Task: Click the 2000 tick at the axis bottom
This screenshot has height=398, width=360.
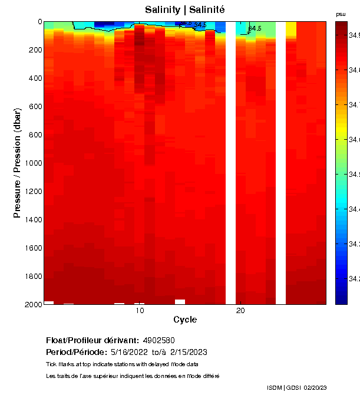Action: tap(32, 304)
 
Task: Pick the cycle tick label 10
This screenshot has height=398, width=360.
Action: tap(140, 311)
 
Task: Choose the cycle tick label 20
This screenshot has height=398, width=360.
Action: tap(240, 311)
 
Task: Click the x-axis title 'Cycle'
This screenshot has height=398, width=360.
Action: tap(185, 320)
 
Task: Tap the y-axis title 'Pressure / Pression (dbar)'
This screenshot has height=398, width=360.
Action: tap(17, 163)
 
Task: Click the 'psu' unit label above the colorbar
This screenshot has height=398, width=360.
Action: tap(341, 14)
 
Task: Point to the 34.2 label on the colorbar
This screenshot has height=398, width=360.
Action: tap(354, 278)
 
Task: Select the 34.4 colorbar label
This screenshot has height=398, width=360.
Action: tap(354, 209)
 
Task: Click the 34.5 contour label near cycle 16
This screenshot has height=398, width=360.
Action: tap(200, 25)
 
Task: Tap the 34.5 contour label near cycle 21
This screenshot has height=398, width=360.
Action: tap(255, 28)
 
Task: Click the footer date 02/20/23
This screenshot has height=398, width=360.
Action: tap(316, 387)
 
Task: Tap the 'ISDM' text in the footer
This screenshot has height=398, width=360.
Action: tap(274, 387)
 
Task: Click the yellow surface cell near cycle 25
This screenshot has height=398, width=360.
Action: tap(291, 29)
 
